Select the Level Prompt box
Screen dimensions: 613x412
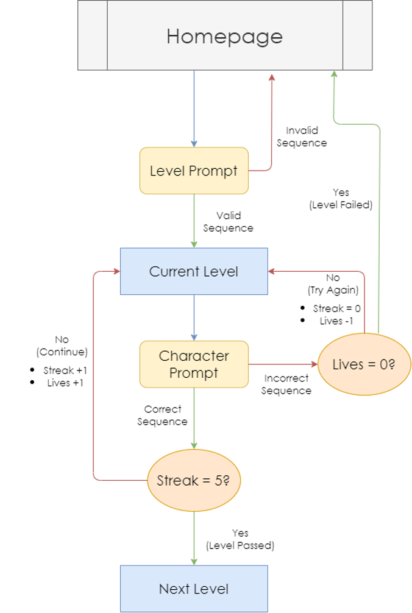point(194,171)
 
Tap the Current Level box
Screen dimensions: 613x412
point(194,272)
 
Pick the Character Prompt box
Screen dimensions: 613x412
point(194,364)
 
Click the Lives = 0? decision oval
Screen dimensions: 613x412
point(364,364)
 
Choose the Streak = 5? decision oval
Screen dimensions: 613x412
point(194,481)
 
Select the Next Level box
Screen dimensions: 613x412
point(194,589)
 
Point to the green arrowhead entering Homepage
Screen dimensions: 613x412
point(334,74)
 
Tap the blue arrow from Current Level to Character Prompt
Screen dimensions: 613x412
point(194,317)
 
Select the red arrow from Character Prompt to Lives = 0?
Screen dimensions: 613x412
point(283,364)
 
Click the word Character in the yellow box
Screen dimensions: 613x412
point(194,356)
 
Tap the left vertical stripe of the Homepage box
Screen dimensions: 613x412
point(93,35)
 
